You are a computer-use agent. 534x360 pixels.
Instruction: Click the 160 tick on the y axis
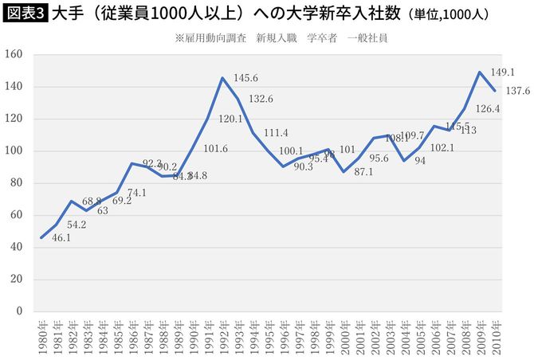click(x=16, y=54)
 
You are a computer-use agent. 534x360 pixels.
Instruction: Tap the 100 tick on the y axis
click(x=16, y=151)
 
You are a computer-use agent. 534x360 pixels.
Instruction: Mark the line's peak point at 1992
click(x=222, y=78)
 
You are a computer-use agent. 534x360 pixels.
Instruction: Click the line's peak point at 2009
click(x=479, y=72)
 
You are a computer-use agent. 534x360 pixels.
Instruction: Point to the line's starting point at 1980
click(x=41, y=237)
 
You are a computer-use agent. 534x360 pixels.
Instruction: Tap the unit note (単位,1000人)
click(x=449, y=15)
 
